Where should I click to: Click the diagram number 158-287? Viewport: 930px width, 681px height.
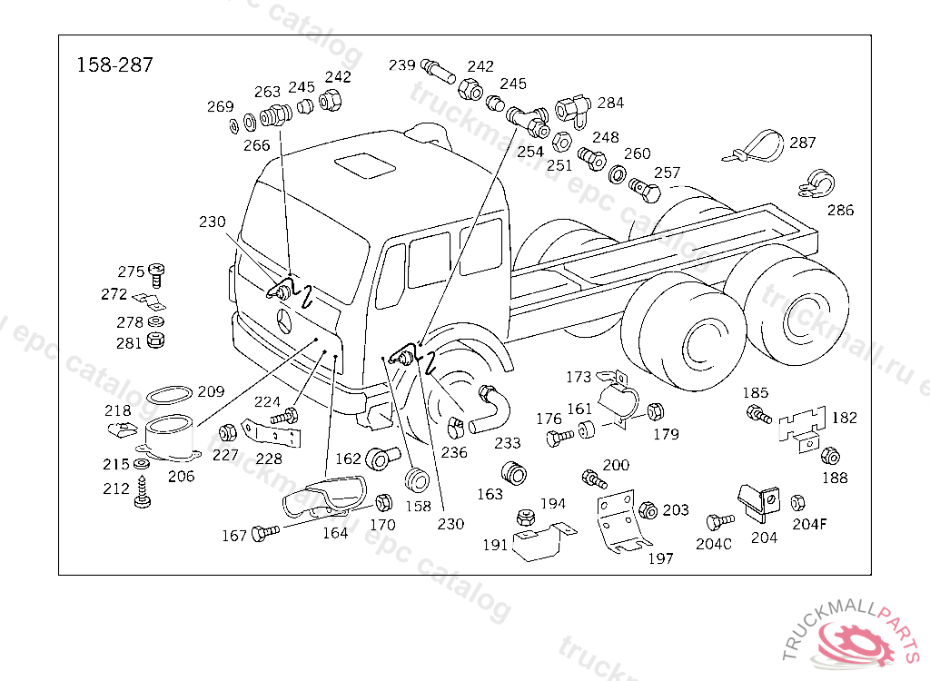114,65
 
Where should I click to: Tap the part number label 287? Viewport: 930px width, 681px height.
802,143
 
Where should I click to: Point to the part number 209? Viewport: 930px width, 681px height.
210,392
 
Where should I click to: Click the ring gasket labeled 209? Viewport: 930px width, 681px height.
169,395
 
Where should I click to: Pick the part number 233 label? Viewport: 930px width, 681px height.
508,443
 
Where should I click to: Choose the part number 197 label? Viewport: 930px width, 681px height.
660,558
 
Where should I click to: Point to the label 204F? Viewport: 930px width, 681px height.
810,523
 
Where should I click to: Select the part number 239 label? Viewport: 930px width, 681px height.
401,65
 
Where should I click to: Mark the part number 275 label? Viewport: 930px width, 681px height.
131,271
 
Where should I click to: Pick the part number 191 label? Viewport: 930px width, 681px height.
495,545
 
